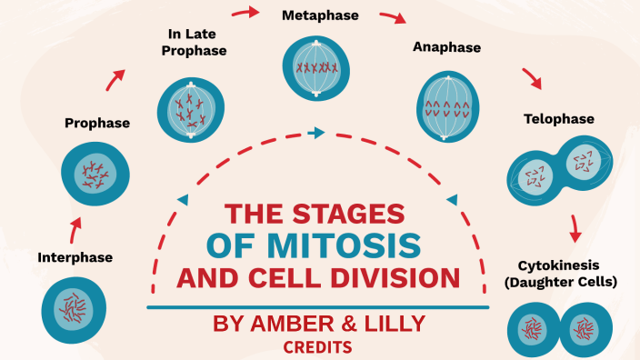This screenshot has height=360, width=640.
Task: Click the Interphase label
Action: tap(75, 257)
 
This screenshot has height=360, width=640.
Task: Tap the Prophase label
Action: tap(97, 123)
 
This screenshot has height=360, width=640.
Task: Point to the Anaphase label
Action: tap(446, 46)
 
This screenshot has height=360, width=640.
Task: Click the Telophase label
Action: tap(558, 119)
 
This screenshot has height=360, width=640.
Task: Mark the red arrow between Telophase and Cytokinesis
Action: tap(575, 228)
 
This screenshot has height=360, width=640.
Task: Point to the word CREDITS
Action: tap(317, 347)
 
